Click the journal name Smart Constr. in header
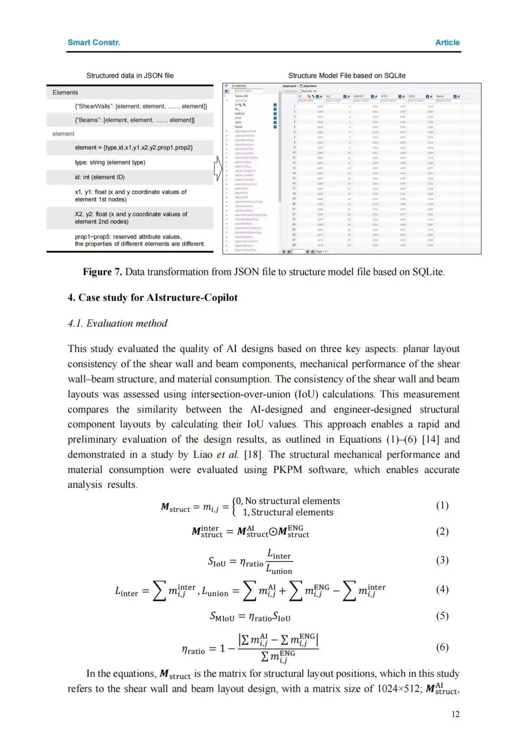click(93, 43)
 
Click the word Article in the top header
click(447, 43)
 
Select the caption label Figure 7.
click(102, 272)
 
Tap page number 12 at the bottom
click(455, 714)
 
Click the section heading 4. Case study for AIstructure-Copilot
click(153, 298)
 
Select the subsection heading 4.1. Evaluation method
click(117, 323)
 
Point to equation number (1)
click(442, 505)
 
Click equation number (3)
click(442, 560)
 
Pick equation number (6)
click(442, 647)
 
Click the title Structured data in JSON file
click(130, 75)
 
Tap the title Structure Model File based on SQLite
click(347, 75)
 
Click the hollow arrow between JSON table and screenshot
click(218, 169)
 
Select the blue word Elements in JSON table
click(65, 92)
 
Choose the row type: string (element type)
click(110, 162)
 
